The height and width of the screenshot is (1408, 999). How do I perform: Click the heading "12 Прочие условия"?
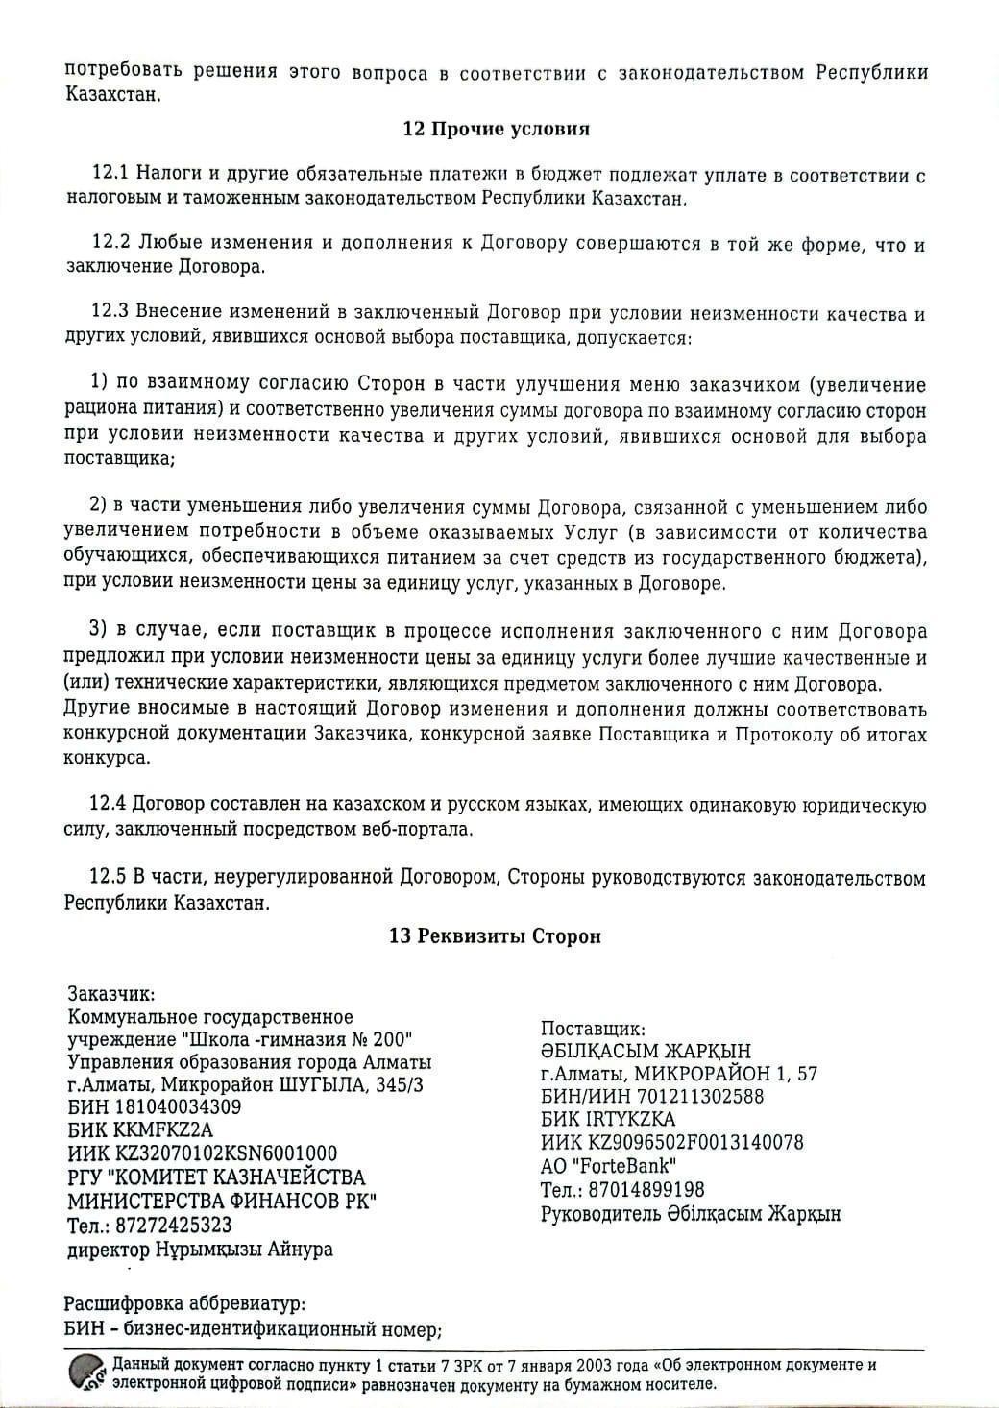[496, 129]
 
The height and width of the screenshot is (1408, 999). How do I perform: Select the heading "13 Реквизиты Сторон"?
[495, 936]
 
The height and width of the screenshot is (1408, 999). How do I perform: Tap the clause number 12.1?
[110, 175]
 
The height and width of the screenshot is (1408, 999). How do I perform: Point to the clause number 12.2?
[110, 242]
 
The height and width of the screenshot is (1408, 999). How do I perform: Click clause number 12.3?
[110, 313]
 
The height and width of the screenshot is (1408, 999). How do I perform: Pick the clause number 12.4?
[108, 804]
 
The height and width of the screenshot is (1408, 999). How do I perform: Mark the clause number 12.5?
[108, 878]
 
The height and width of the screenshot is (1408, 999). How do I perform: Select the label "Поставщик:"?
[593, 1028]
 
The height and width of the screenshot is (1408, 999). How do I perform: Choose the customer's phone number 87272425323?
[176, 1226]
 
